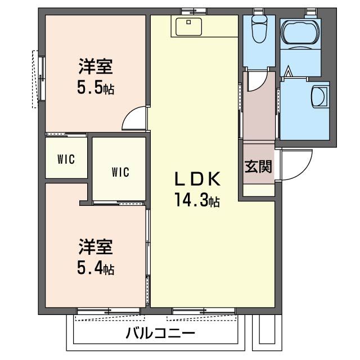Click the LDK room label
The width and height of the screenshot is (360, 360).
point(195,179)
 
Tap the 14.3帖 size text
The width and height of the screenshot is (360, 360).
point(196,200)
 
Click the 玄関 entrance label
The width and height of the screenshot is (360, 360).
point(258,166)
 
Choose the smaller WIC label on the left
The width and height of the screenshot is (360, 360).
point(65,159)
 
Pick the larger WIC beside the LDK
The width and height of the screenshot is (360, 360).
point(120,172)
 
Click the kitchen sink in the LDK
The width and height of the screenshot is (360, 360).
point(189,25)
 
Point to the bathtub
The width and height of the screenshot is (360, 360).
point(298,35)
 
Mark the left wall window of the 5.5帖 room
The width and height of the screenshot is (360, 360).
point(40,79)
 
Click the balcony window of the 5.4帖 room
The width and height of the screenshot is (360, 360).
point(109,310)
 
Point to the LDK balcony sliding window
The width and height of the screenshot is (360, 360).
point(204,310)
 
